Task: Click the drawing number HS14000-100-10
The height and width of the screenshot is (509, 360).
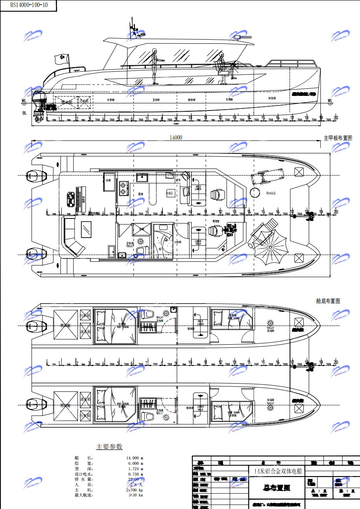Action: pyautogui.click(x=27, y=5)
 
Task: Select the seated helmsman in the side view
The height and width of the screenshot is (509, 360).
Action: pyautogui.click(x=222, y=67)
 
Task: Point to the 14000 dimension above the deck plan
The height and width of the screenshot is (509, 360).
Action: pyautogui.click(x=176, y=137)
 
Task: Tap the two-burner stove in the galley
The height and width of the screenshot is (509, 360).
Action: pyautogui.click(x=123, y=188)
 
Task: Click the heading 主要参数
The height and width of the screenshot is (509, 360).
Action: pyautogui.click(x=109, y=446)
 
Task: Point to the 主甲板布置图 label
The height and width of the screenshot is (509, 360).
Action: pyautogui.click(x=337, y=138)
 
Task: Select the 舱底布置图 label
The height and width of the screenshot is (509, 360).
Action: pyautogui.click(x=328, y=301)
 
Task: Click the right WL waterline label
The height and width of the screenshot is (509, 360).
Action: pyautogui.click(x=330, y=100)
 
